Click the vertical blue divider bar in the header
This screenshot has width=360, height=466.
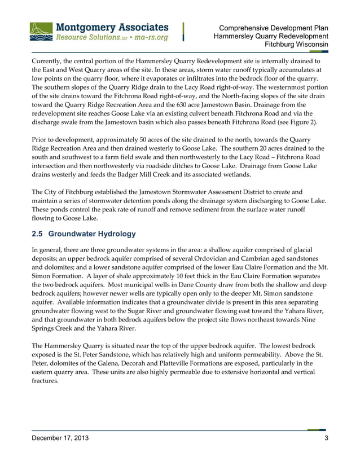click(184, 32)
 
